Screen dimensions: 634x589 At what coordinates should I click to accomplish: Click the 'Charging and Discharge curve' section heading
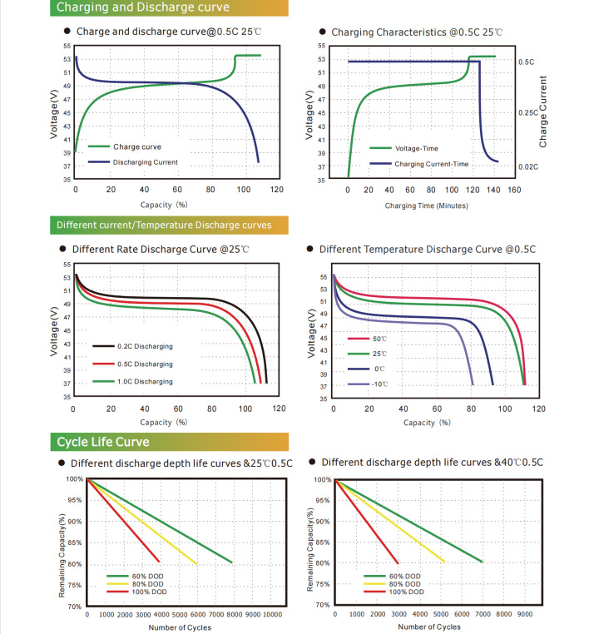click(142, 8)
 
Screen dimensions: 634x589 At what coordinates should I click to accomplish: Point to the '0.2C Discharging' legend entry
click(144, 345)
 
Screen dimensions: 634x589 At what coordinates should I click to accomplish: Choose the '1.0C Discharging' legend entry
click(144, 381)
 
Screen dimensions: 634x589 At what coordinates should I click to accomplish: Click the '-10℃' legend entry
click(379, 384)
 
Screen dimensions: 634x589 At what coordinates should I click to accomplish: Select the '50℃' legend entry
click(379, 339)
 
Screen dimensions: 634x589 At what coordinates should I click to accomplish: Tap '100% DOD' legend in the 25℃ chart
click(148, 592)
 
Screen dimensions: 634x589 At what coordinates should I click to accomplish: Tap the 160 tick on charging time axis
click(513, 191)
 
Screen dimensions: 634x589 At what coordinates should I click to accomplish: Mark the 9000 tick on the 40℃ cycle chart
click(525, 614)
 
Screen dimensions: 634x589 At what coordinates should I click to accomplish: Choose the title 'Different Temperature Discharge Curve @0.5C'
click(427, 249)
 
